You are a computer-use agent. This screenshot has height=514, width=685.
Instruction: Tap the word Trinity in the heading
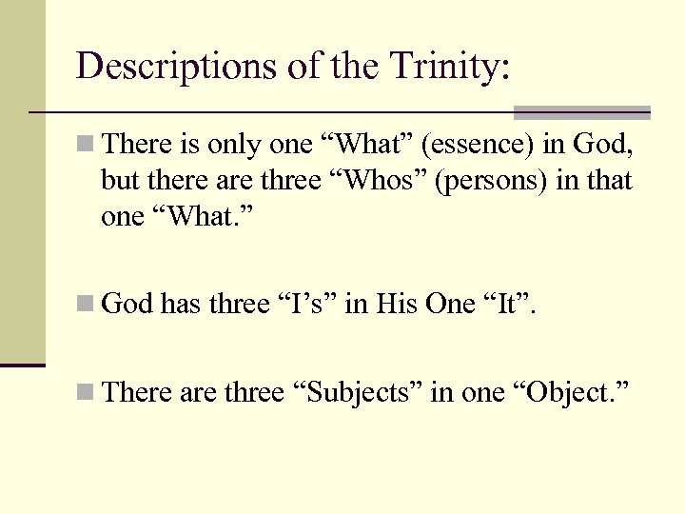444,66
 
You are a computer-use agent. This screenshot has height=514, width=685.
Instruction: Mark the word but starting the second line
118,180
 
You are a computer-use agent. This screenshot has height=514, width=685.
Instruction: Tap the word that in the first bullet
610,180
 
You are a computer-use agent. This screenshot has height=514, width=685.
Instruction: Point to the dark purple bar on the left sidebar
23,365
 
